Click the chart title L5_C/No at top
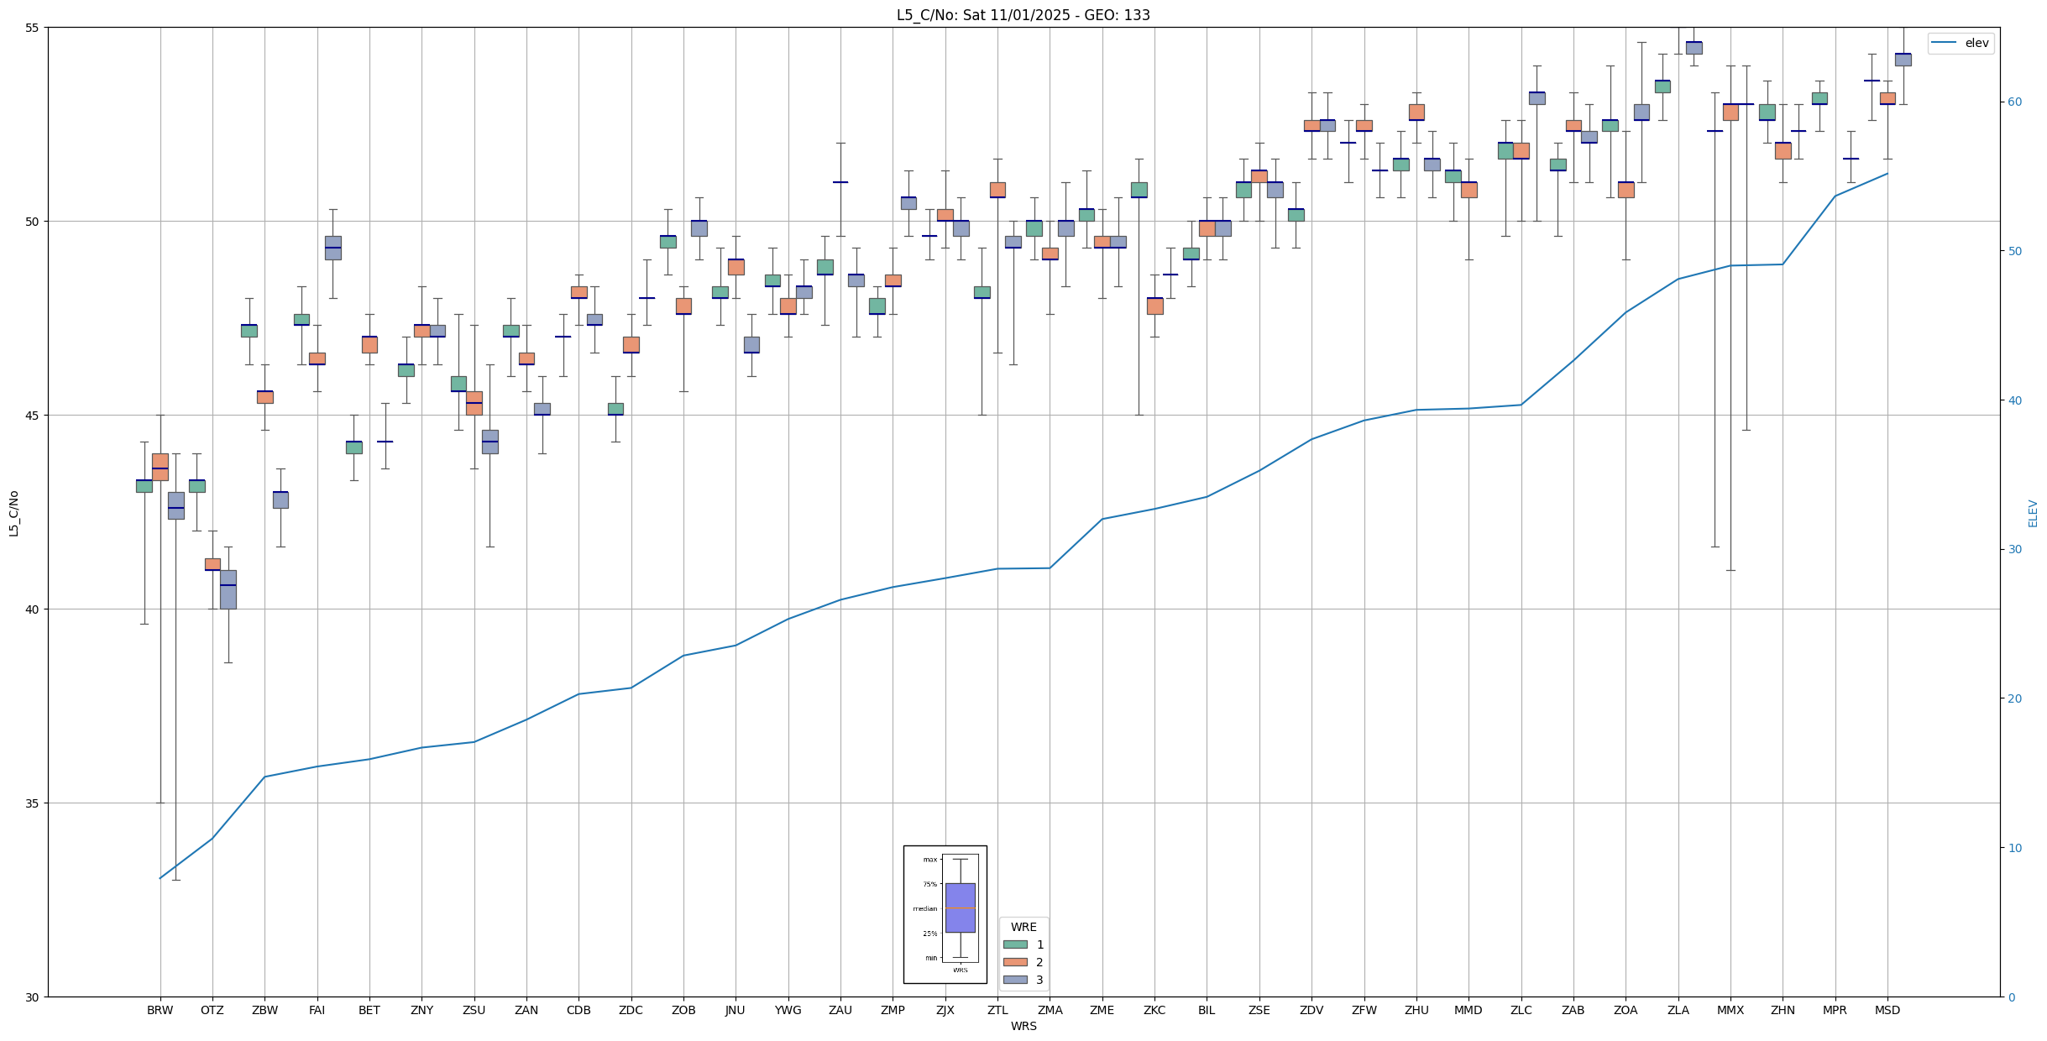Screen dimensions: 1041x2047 coord(1023,15)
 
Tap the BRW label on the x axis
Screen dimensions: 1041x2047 coord(160,1010)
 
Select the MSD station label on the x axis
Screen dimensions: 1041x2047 coord(1887,1010)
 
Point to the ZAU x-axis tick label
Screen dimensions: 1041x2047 coord(840,1010)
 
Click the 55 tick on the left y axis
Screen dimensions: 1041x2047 coord(33,28)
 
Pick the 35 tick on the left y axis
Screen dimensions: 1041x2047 coord(33,803)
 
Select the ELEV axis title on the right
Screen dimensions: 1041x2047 coord(2033,513)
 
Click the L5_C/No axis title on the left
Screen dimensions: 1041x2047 coord(13,513)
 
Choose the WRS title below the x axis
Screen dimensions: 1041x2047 coord(1023,1026)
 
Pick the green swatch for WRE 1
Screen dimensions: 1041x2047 coord(1015,944)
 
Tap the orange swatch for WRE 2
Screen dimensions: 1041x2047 coord(1015,962)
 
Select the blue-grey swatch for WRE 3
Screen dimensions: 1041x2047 coord(1015,980)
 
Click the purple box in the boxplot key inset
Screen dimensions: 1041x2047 coord(960,908)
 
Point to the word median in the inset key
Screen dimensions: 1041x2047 coord(924,909)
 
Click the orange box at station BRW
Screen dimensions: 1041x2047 coord(160,467)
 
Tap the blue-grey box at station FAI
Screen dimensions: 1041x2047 coord(332,248)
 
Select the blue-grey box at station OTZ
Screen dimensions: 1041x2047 coord(228,589)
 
